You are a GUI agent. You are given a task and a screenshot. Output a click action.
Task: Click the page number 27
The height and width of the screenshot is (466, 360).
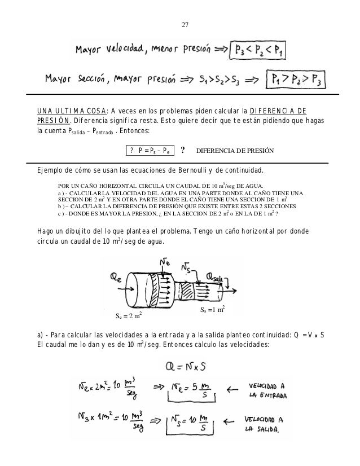186,24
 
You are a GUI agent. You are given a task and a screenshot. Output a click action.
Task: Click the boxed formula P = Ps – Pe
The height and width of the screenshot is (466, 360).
150,151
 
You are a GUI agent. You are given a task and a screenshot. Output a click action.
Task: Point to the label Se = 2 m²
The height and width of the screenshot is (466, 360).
128,315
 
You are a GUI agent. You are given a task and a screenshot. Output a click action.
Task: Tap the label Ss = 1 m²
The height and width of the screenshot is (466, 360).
213,310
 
